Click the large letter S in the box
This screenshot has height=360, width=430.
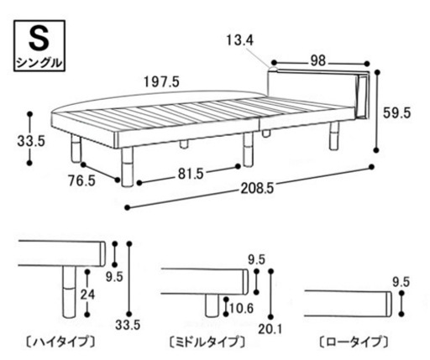point(39,39)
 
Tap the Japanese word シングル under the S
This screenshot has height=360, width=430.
point(39,62)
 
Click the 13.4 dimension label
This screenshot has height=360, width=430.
point(239,41)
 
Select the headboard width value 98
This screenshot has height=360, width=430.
point(318,61)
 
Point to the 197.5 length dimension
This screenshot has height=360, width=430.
point(161,82)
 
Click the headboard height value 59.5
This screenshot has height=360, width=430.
point(396,113)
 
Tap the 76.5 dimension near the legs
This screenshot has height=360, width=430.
point(82,181)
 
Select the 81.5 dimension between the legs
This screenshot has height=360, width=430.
point(191,174)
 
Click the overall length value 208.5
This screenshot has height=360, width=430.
point(257,189)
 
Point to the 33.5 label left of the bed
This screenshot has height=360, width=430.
point(31,141)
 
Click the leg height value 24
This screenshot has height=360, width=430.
point(87,295)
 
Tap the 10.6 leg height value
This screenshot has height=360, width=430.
point(241,308)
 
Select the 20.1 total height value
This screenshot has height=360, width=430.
point(270,329)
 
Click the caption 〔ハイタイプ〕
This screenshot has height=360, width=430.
point(60,342)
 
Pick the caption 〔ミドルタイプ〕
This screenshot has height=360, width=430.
point(207,342)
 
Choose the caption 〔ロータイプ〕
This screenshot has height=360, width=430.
point(354,342)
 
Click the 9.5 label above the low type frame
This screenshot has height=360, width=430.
point(401,282)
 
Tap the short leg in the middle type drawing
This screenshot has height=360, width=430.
point(212,305)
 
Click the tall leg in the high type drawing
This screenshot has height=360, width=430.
point(69,292)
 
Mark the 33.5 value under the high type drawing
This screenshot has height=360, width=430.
point(128,325)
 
